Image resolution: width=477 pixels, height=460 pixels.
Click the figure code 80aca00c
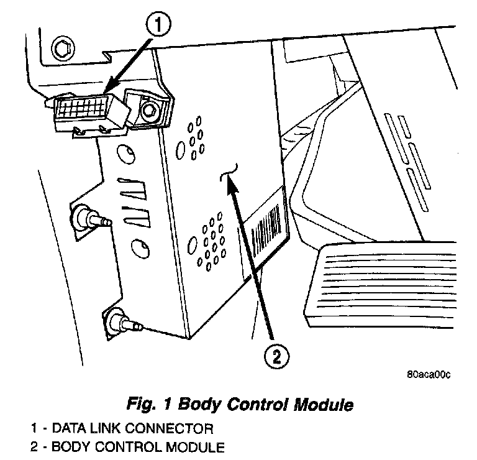tap(428, 375)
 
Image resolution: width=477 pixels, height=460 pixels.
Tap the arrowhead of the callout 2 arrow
tap(231, 182)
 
